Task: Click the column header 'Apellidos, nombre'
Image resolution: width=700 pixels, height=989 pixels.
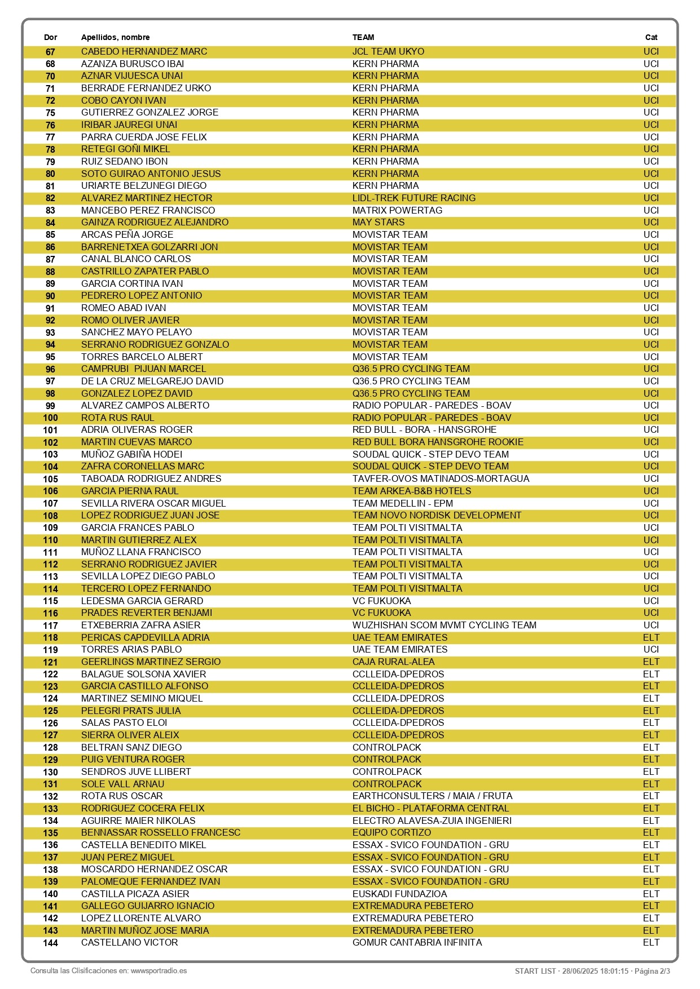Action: pyautogui.click(x=115, y=37)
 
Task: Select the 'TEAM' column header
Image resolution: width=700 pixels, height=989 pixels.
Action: pyautogui.click(x=363, y=37)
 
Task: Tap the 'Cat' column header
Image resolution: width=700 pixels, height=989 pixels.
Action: pyautogui.click(x=651, y=37)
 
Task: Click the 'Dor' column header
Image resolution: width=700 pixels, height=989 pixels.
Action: pyautogui.click(x=50, y=37)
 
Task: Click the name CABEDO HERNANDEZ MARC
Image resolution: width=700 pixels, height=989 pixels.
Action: pyautogui.click(x=144, y=51)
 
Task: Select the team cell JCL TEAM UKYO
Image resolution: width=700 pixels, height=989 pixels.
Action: pyautogui.click(x=388, y=51)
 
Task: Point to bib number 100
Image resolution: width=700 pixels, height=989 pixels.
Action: pyautogui.click(x=50, y=418)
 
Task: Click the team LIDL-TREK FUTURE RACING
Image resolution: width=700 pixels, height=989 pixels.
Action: pyautogui.click(x=413, y=198)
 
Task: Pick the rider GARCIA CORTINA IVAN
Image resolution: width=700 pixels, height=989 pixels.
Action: pyautogui.click(x=132, y=283)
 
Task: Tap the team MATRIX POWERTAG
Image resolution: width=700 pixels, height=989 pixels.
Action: pyautogui.click(x=397, y=210)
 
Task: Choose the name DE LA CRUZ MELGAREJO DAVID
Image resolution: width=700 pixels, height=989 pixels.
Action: pyautogui.click(x=152, y=381)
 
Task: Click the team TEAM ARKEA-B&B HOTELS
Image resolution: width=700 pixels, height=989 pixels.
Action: pyautogui.click(x=411, y=491)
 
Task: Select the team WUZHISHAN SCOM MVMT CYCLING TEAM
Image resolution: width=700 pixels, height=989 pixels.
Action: pyautogui.click(x=444, y=625)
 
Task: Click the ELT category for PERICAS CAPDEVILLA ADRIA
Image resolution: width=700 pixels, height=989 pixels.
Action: pyautogui.click(x=651, y=637)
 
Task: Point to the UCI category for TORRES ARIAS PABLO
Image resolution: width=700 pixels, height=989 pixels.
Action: pyautogui.click(x=651, y=649)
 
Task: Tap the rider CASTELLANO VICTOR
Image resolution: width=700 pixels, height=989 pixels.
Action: pyautogui.click(x=129, y=942)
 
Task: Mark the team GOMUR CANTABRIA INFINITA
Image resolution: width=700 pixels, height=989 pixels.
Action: pyautogui.click(x=417, y=942)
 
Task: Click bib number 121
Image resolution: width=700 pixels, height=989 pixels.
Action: pyautogui.click(x=50, y=662)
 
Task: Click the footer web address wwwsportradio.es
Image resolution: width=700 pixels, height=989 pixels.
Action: pyautogui.click(x=159, y=971)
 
